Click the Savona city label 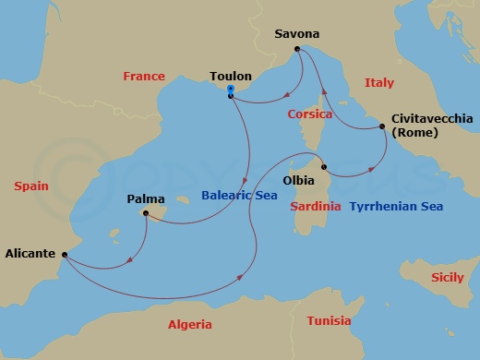point(296,34)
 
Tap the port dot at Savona point(297,49)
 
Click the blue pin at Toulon point(231,89)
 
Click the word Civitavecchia point(432,119)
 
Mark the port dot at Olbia point(323,168)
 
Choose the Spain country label point(31,186)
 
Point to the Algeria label point(190,324)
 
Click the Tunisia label point(328,320)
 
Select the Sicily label point(450,277)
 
